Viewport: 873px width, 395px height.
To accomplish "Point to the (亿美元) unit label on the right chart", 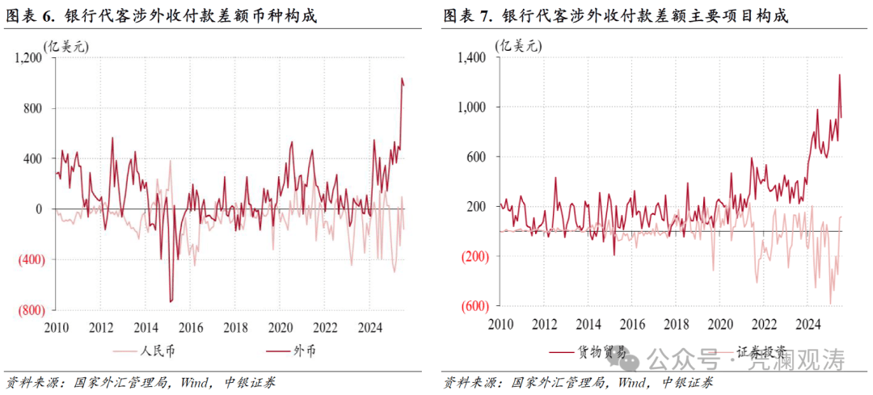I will (520, 45).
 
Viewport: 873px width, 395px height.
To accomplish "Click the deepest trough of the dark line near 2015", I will (171, 302).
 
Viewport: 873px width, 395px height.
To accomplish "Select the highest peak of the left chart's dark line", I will (402, 78).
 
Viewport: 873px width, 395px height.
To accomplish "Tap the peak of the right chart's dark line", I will (839, 74).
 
